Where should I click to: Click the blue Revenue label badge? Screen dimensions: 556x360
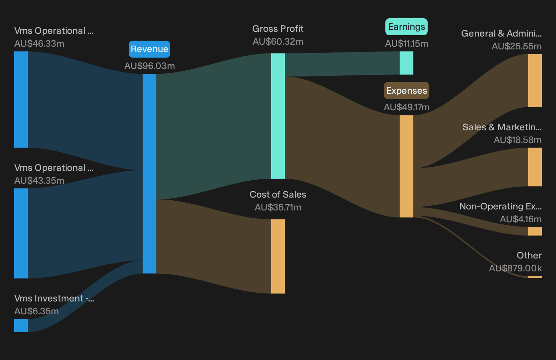tap(149, 49)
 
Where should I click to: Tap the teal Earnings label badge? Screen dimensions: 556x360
tap(406, 27)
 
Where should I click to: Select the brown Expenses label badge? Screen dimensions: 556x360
tap(406, 91)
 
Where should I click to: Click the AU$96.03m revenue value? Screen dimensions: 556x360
tap(149, 66)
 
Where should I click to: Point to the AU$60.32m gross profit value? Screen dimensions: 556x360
tap(278, 42)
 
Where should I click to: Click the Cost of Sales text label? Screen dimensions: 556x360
tap(278, 195)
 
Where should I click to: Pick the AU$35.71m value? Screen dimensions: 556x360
tap(278, 207)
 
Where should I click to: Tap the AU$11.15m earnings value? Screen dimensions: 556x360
tap(406, 44)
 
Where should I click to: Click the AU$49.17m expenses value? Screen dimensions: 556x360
tap(406, 107)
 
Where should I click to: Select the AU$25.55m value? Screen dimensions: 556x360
tap(516, 46)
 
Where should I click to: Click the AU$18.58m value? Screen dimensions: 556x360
tap(517, 140)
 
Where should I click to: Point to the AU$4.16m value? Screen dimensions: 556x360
tap(520, 219)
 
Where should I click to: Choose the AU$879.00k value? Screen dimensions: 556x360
tap(515, 268)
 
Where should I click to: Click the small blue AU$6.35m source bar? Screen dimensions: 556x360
tap(21, 325)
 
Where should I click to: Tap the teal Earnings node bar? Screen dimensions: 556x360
tap(406, 63)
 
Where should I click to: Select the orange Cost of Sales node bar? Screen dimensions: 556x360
tap(278, 256)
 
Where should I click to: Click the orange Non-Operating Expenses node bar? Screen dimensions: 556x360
tap(535, 231)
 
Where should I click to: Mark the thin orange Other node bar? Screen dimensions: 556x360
tap(535, 277)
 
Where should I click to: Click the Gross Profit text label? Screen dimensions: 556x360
tap(278, 29)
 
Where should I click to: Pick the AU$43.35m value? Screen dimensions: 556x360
tap(39, 181)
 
